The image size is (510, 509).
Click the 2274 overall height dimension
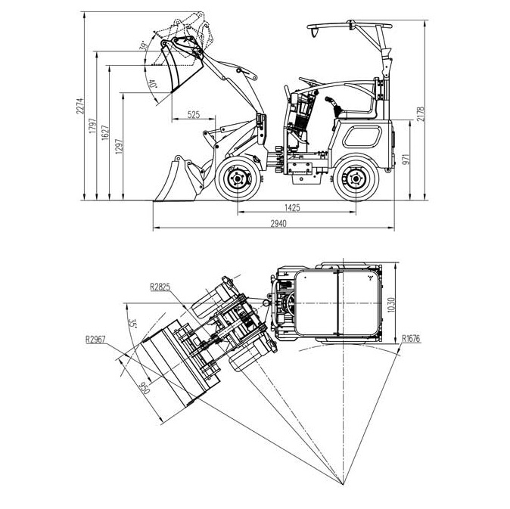pos(80,106)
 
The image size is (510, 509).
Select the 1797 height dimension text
pos(93,126)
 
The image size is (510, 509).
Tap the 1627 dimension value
pos(105,132)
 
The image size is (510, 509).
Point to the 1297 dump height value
pos(119,146)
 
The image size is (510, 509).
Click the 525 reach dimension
pos(193,115)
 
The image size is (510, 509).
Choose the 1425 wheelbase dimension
pos(292,208)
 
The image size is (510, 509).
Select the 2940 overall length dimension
pos(278,224)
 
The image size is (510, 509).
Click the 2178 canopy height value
pos(421,114)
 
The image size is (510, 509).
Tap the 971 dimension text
pos(406,160)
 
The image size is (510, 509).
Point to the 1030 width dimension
pos(391,305)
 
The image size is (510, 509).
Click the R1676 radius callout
pos(411,339)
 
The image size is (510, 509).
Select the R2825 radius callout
pos(160,287)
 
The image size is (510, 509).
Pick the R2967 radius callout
pos(95,340)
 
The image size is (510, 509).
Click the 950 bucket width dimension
pos(144,388)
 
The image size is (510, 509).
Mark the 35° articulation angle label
pos(132,324)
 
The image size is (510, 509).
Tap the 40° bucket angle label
pos(152,84)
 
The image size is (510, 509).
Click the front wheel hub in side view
pos(238,178)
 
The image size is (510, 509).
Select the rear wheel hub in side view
pos(356,179)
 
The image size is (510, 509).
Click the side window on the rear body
pos(362,136)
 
